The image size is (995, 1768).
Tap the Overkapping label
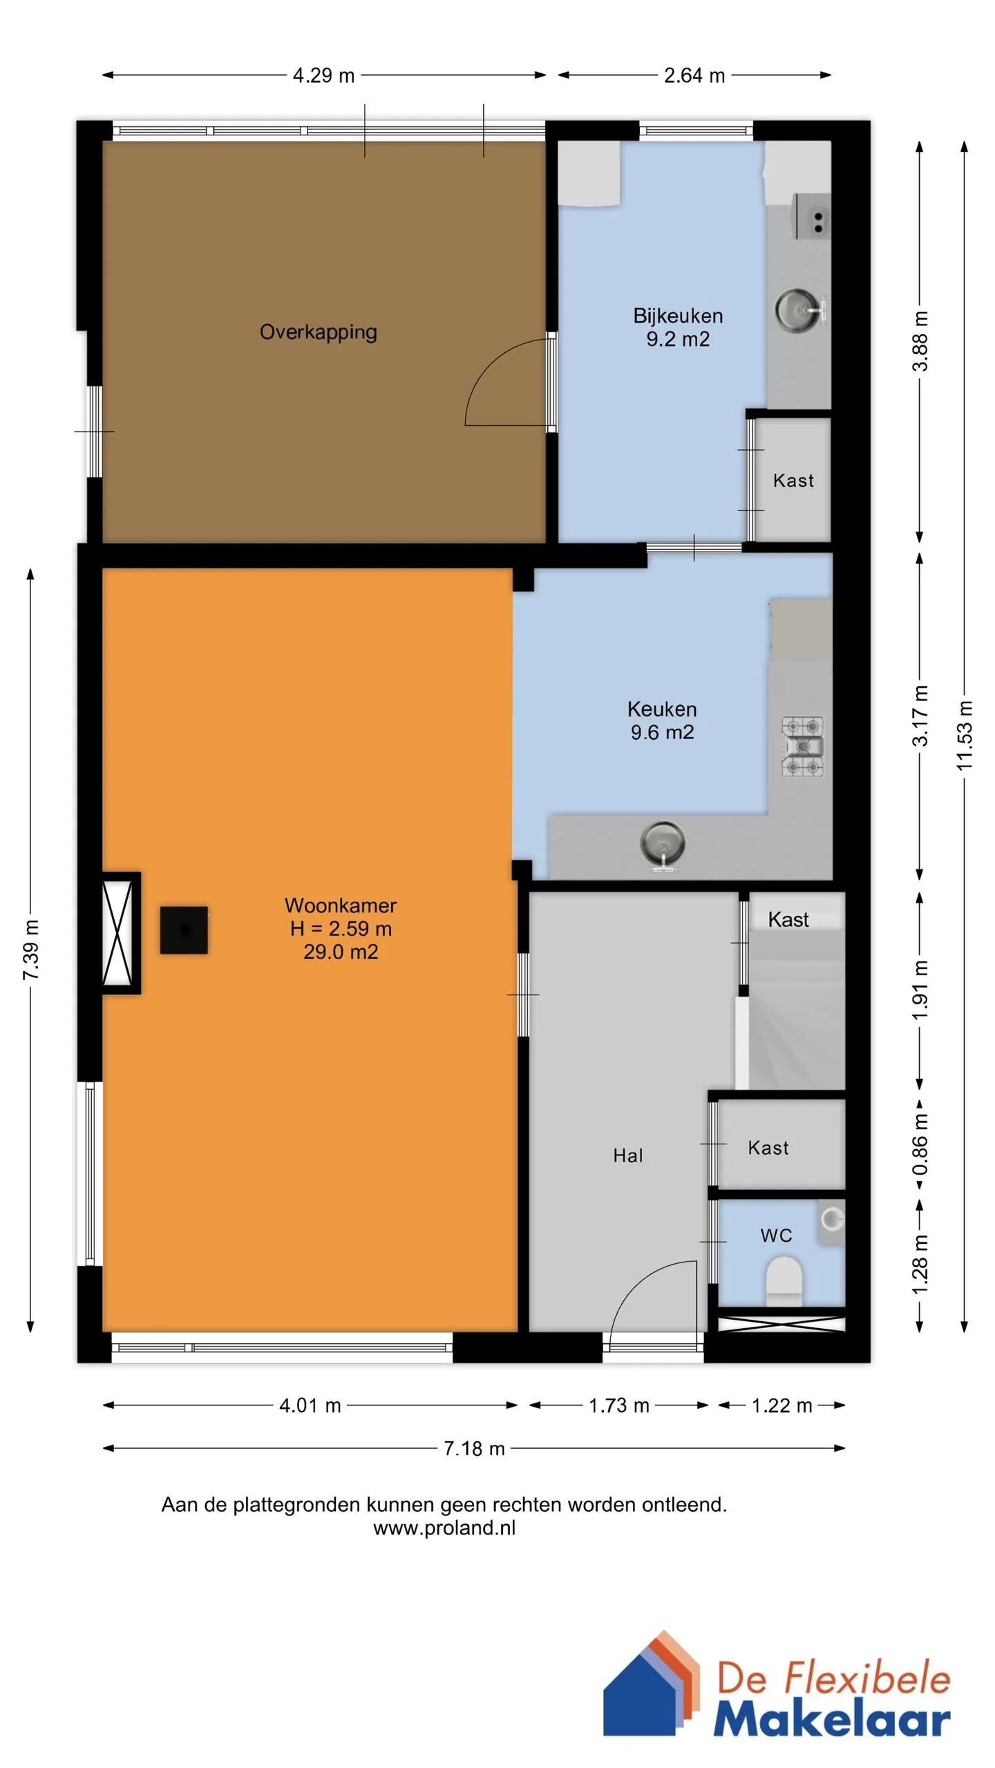point(318,332)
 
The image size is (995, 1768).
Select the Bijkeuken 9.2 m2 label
point(678,327)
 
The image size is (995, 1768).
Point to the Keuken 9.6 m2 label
point(662,720)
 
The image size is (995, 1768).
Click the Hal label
point(628,1155)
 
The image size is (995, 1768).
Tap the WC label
point(777,1236)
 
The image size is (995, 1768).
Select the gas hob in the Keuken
point(802,747)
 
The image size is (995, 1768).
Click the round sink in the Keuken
point(663,843)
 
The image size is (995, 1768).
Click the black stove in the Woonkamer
point(184,930)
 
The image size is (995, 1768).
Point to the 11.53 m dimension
point(965,736)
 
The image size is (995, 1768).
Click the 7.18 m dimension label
point(474,1448)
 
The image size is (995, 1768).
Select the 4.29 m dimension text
point(323,75)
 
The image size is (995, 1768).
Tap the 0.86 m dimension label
point(920,1146)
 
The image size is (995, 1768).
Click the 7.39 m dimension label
point(31,950)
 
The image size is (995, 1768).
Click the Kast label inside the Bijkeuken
point(793,481)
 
